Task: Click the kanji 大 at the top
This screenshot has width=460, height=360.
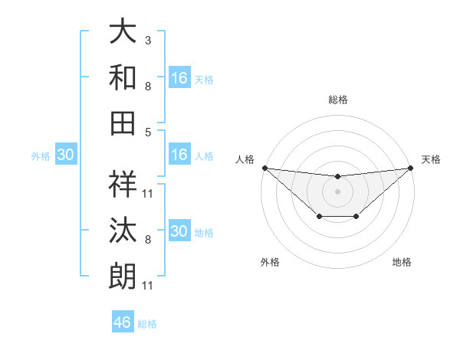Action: tap(123, 31)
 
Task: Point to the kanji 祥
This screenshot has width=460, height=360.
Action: tap(123, 184)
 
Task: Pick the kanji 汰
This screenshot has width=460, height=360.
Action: tap(123, 229)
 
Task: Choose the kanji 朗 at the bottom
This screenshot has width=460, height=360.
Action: tap(123, 274)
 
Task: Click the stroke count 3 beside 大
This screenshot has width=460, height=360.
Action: tap(148, 40)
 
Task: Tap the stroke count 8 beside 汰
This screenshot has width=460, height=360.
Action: tap(148, 240)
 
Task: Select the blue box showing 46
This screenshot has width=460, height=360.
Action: tap(123, 322)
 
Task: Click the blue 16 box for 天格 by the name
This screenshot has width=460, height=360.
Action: tap(179, 78)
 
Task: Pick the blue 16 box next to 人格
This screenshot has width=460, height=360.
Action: tap(179, 155)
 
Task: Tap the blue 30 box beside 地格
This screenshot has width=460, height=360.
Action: tap(179, 231)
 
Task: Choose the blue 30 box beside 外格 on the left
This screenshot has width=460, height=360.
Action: tap(65, 155)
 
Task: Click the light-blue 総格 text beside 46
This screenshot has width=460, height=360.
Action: tap(148, 324)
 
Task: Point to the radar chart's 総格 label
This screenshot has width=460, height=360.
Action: tap(338, 100)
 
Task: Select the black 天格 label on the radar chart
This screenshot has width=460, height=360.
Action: tap(432, 159)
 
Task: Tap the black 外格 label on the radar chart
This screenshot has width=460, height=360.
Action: tap(270, 263)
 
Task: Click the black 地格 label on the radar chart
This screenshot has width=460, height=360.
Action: tap(402, 263)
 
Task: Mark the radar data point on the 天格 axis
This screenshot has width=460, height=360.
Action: tap(411, 168)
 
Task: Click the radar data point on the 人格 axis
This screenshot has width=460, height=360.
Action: tap(264, 168)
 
